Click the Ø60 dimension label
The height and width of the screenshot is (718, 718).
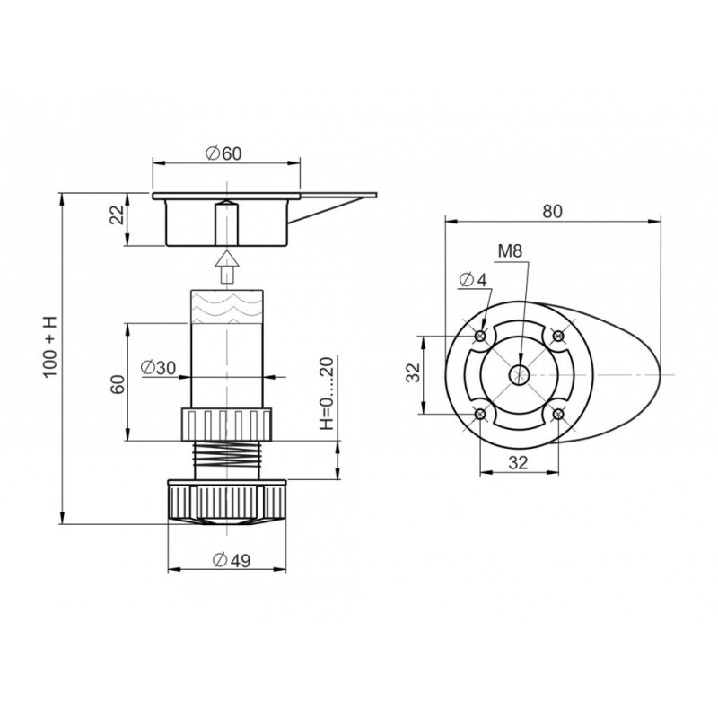point(223,153)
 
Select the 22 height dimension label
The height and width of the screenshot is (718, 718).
point(118,215)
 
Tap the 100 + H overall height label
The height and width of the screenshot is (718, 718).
point(50,346)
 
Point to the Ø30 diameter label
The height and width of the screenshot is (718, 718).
point(159,368)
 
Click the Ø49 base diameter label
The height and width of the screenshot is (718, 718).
point(232,559)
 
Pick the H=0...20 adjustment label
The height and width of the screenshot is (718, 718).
point(327,393)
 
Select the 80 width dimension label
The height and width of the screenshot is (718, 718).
point(552,212)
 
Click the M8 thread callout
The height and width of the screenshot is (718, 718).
point(510,251)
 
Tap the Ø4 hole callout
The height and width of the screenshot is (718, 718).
point(473,280)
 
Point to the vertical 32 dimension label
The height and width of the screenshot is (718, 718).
point(415,372)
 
